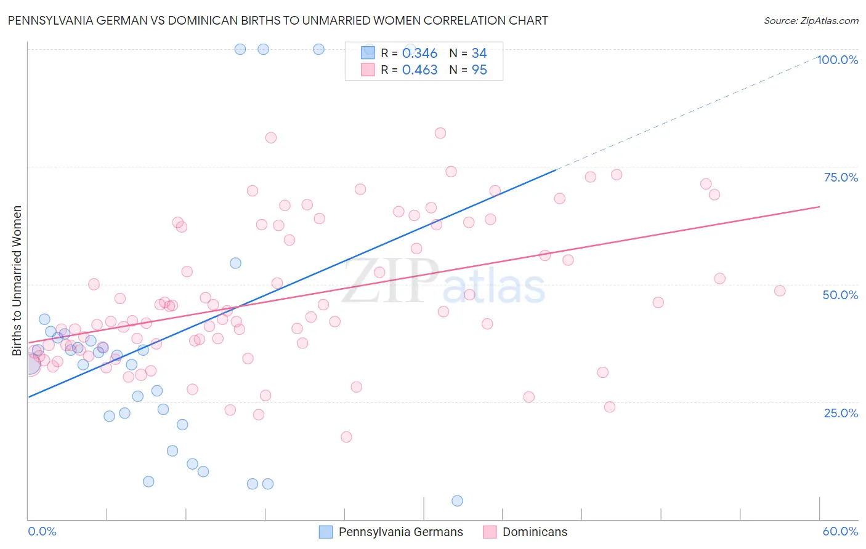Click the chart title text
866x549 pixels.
277,20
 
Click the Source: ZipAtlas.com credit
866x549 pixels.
811,20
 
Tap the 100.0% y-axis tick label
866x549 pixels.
837,60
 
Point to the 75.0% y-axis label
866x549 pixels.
841,177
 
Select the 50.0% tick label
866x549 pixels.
840,295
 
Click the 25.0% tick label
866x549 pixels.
841,413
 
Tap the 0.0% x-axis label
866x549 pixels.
42,531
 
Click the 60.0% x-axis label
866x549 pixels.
840,531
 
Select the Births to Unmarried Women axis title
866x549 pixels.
17,281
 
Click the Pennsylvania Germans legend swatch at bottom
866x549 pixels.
326,532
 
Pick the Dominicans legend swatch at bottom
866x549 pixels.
490,532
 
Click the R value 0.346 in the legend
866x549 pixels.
419,54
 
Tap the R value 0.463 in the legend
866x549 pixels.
419,70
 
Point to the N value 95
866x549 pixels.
479,70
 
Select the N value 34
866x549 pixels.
479,54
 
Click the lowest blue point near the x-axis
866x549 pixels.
457,501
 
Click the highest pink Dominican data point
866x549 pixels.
440,133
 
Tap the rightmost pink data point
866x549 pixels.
780,291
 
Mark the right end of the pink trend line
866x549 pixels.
819,207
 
